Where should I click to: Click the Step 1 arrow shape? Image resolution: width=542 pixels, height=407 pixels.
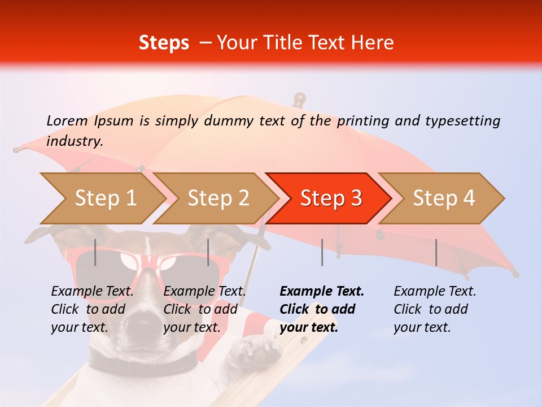[102, 198]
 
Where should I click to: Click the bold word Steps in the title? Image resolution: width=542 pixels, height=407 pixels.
[164, 43]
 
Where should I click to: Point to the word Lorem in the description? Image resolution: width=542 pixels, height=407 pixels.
[67, 120]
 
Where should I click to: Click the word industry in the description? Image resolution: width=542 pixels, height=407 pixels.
[74, 141]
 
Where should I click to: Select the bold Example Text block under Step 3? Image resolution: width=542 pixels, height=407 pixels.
[322, 309]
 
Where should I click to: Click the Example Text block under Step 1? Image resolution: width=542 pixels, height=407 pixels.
[92, 309]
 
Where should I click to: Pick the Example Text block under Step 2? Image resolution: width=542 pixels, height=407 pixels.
[204, 309]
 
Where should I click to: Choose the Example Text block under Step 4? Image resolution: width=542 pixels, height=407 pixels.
[435, 309]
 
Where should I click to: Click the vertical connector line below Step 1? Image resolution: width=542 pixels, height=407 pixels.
[95, 252]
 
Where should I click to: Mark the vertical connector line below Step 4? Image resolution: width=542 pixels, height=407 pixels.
[436, 252]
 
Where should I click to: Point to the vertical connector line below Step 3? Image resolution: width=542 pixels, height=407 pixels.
[322, 252]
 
